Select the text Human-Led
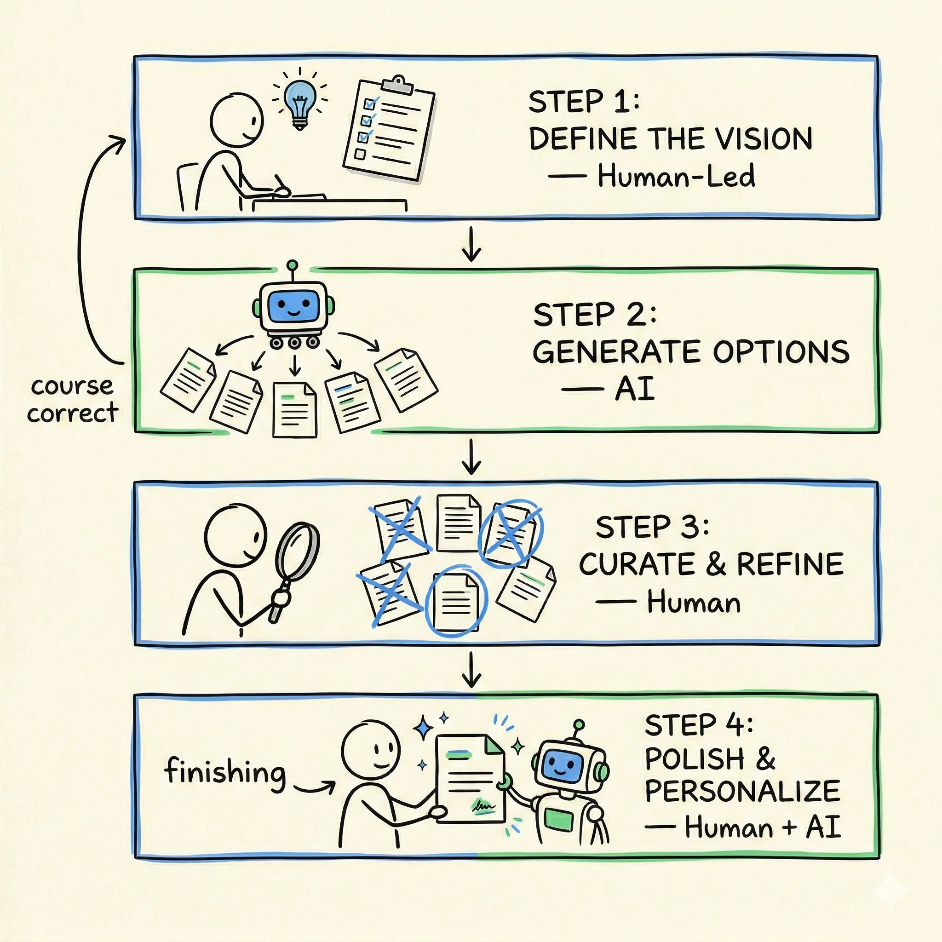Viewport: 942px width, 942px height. point(676,176)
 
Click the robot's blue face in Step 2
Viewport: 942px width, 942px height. point(293,306)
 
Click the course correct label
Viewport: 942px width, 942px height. point(72,399)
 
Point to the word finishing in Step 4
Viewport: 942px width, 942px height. point(225,772)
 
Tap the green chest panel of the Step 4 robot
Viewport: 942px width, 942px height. point(559,818)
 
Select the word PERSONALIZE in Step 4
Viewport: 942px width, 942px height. point(742,791)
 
